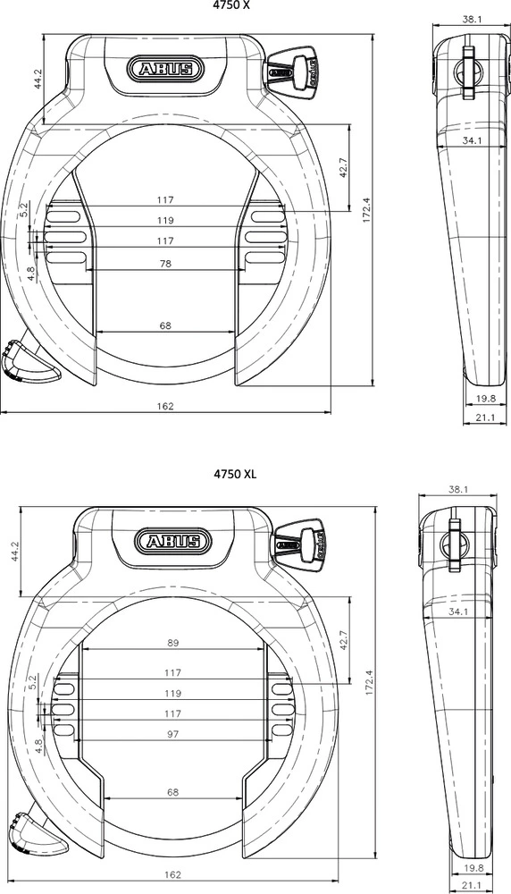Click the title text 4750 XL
[234, 474]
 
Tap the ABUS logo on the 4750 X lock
[165, 70]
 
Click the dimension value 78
[165, 265]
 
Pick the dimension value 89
[173, 643]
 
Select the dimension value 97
[173, 734]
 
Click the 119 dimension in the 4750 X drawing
[165, 220]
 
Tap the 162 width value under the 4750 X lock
[165, 406]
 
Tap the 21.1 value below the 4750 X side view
[485, 417]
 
